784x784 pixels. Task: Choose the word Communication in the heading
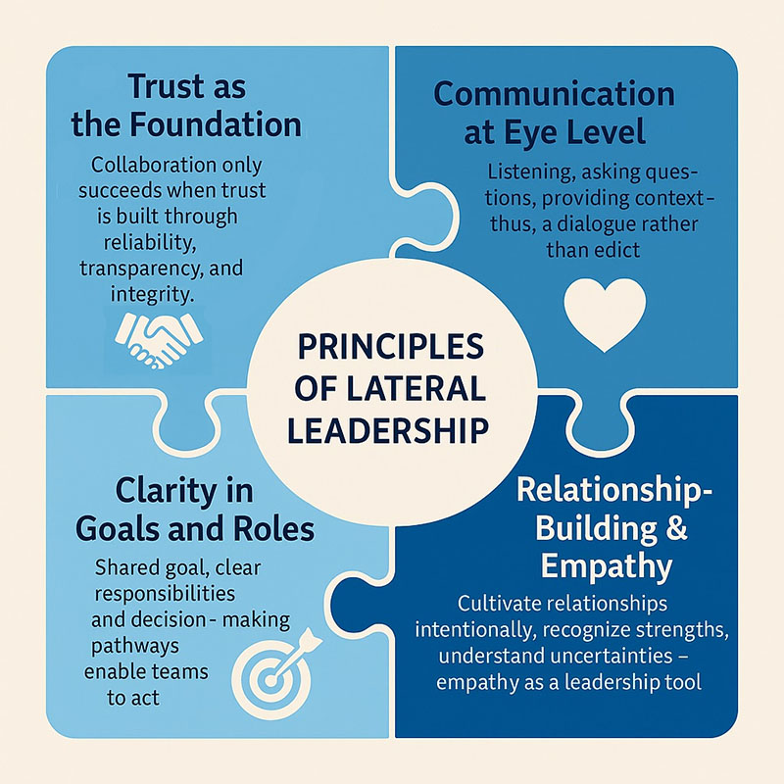pyautogui.click(x=554, y=94)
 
